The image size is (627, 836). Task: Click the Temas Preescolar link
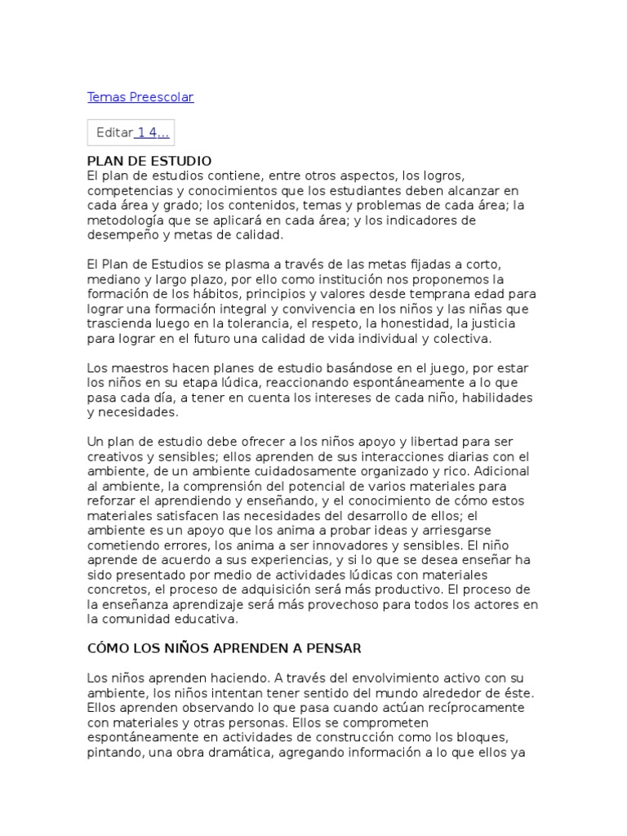140,97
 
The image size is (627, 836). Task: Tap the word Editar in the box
114,132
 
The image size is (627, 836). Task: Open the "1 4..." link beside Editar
153,132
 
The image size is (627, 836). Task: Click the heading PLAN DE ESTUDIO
149,161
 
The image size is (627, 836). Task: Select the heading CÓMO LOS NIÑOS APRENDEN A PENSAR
224,648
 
